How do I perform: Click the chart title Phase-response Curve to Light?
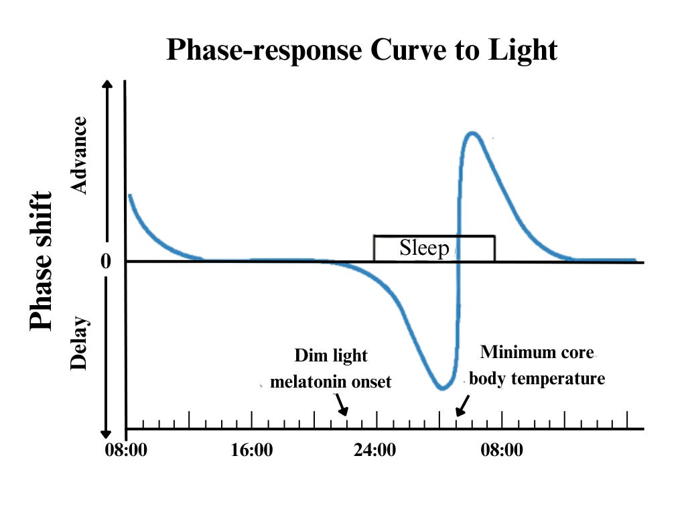[361, 50]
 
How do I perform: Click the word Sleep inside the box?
[424, 248]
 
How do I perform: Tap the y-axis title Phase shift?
[42, 261]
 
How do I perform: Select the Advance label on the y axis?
[80, 156]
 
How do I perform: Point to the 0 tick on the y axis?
[105, 262]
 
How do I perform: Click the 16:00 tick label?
[251, 449]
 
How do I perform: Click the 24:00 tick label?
[374, 449]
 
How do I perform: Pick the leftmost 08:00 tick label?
[126, 449]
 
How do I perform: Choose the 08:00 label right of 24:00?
[502, 449]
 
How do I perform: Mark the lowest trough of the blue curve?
[441, 388]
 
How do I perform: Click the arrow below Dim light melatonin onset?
[342, 404]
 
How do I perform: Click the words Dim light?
[331, 355]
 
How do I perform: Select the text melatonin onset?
[330, 382]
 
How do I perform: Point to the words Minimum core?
[537, 352]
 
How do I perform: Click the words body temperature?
[537, 378]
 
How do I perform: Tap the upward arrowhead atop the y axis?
[106, 86]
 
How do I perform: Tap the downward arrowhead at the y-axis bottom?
[106, 433]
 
